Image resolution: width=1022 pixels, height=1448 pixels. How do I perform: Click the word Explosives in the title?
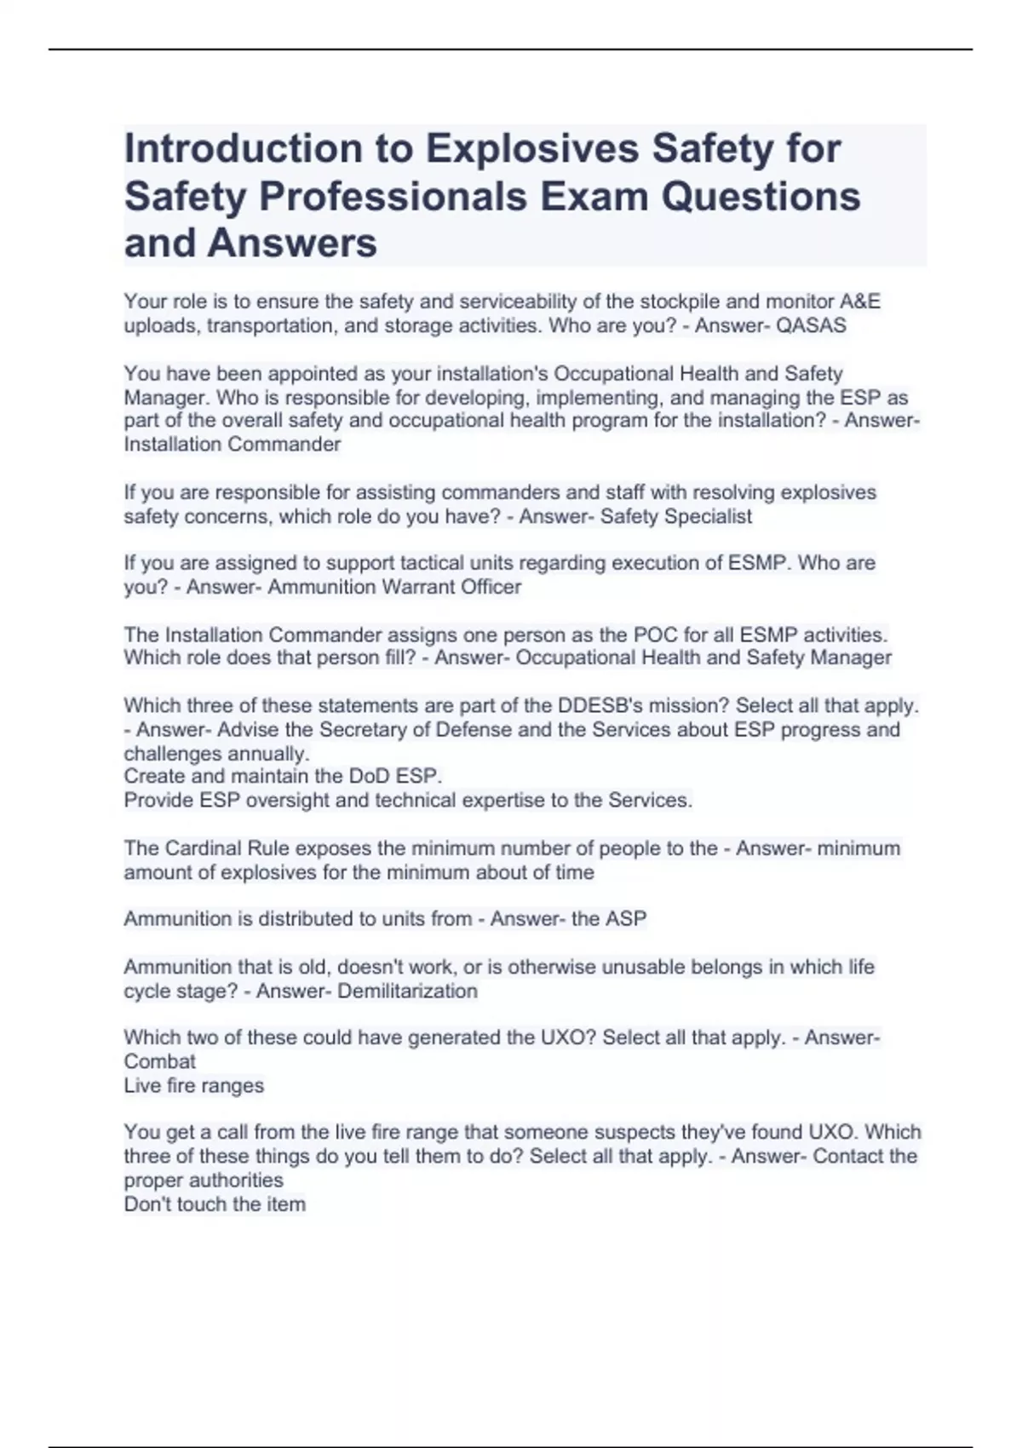(x=532, y=149)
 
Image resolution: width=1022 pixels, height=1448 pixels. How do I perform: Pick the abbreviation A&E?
(x=859, y=302)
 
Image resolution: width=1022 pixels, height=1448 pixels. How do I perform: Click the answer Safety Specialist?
(x=676, y=517)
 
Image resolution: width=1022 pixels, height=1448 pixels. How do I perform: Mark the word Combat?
(x=159, y=1062)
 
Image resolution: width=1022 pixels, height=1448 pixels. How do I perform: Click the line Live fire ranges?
(x=193, y=1086)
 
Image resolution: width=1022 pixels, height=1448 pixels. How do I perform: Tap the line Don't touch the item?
(x=215, y=1204)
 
